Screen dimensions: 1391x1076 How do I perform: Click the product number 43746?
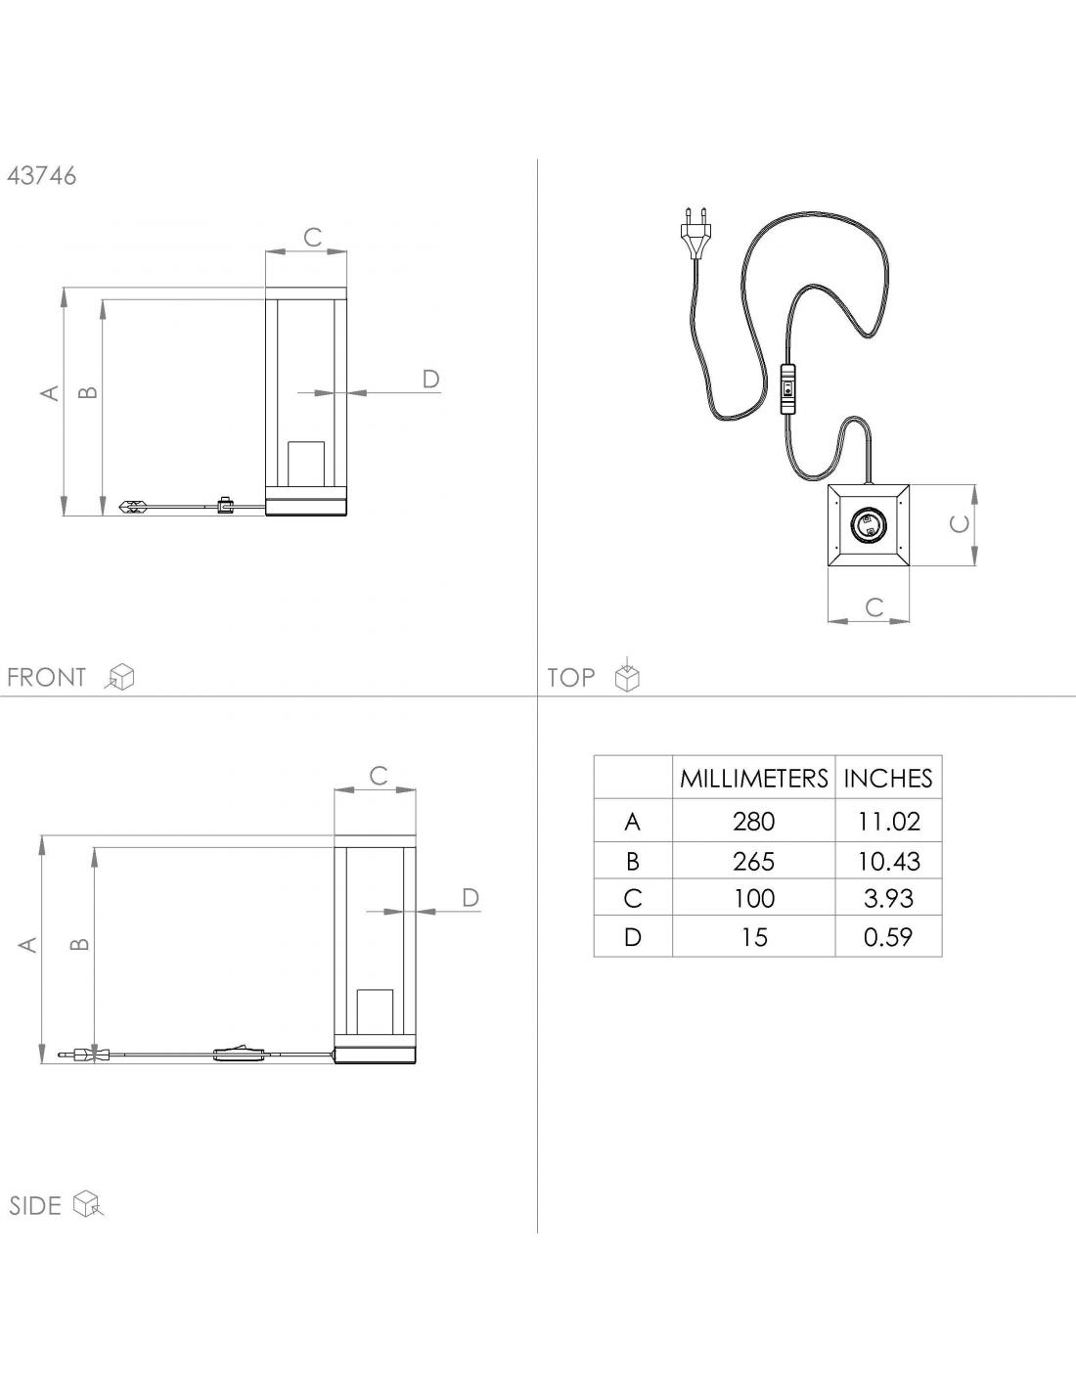pyautogui.click(x=41, y=176)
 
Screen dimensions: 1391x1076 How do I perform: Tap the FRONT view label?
pyautogui.click(x=46, y=677)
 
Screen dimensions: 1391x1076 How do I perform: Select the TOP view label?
pyautogui.click(x=571, y=677)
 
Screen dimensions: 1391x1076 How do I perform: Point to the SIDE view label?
pyautogui.click(x=35, y=1205)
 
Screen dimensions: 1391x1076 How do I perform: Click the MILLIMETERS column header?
pyautogui.click(x=753, y=779)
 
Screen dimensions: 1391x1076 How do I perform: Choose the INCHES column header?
pyautogui.click(x=888, y=779)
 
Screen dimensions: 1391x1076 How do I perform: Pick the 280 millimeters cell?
pyautogui.click(x=753, y=822)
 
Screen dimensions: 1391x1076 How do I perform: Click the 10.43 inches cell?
pyautogui.click(x=888, y=861)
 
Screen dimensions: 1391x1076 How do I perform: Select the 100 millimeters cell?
pyautogui.click(x=753, y=898)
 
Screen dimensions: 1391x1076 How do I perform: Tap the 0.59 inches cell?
pyautogui.click(x=888, y=937)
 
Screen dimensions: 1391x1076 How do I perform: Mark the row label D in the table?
pyautogui.click(x=633, y=937)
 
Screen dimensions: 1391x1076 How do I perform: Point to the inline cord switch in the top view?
pyautogui.click(x=787, y=388)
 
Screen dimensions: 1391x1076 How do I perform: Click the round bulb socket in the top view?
pyautogui.click(x=868, y=525)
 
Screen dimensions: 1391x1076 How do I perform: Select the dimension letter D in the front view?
pyautogui.click(x=430, y=379)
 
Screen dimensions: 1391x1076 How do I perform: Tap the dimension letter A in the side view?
pyautogui.click(x=29, y=945)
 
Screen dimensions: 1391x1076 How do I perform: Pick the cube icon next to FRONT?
pyautogui.click(x=121, y=676)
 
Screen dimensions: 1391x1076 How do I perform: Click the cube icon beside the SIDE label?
pyautogui.click(x=88, y=1204)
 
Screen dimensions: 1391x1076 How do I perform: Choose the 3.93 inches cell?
pyautogui.click(x=888, y=898)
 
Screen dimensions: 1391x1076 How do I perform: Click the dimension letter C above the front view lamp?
pyautogui.click(x=312, y=237)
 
